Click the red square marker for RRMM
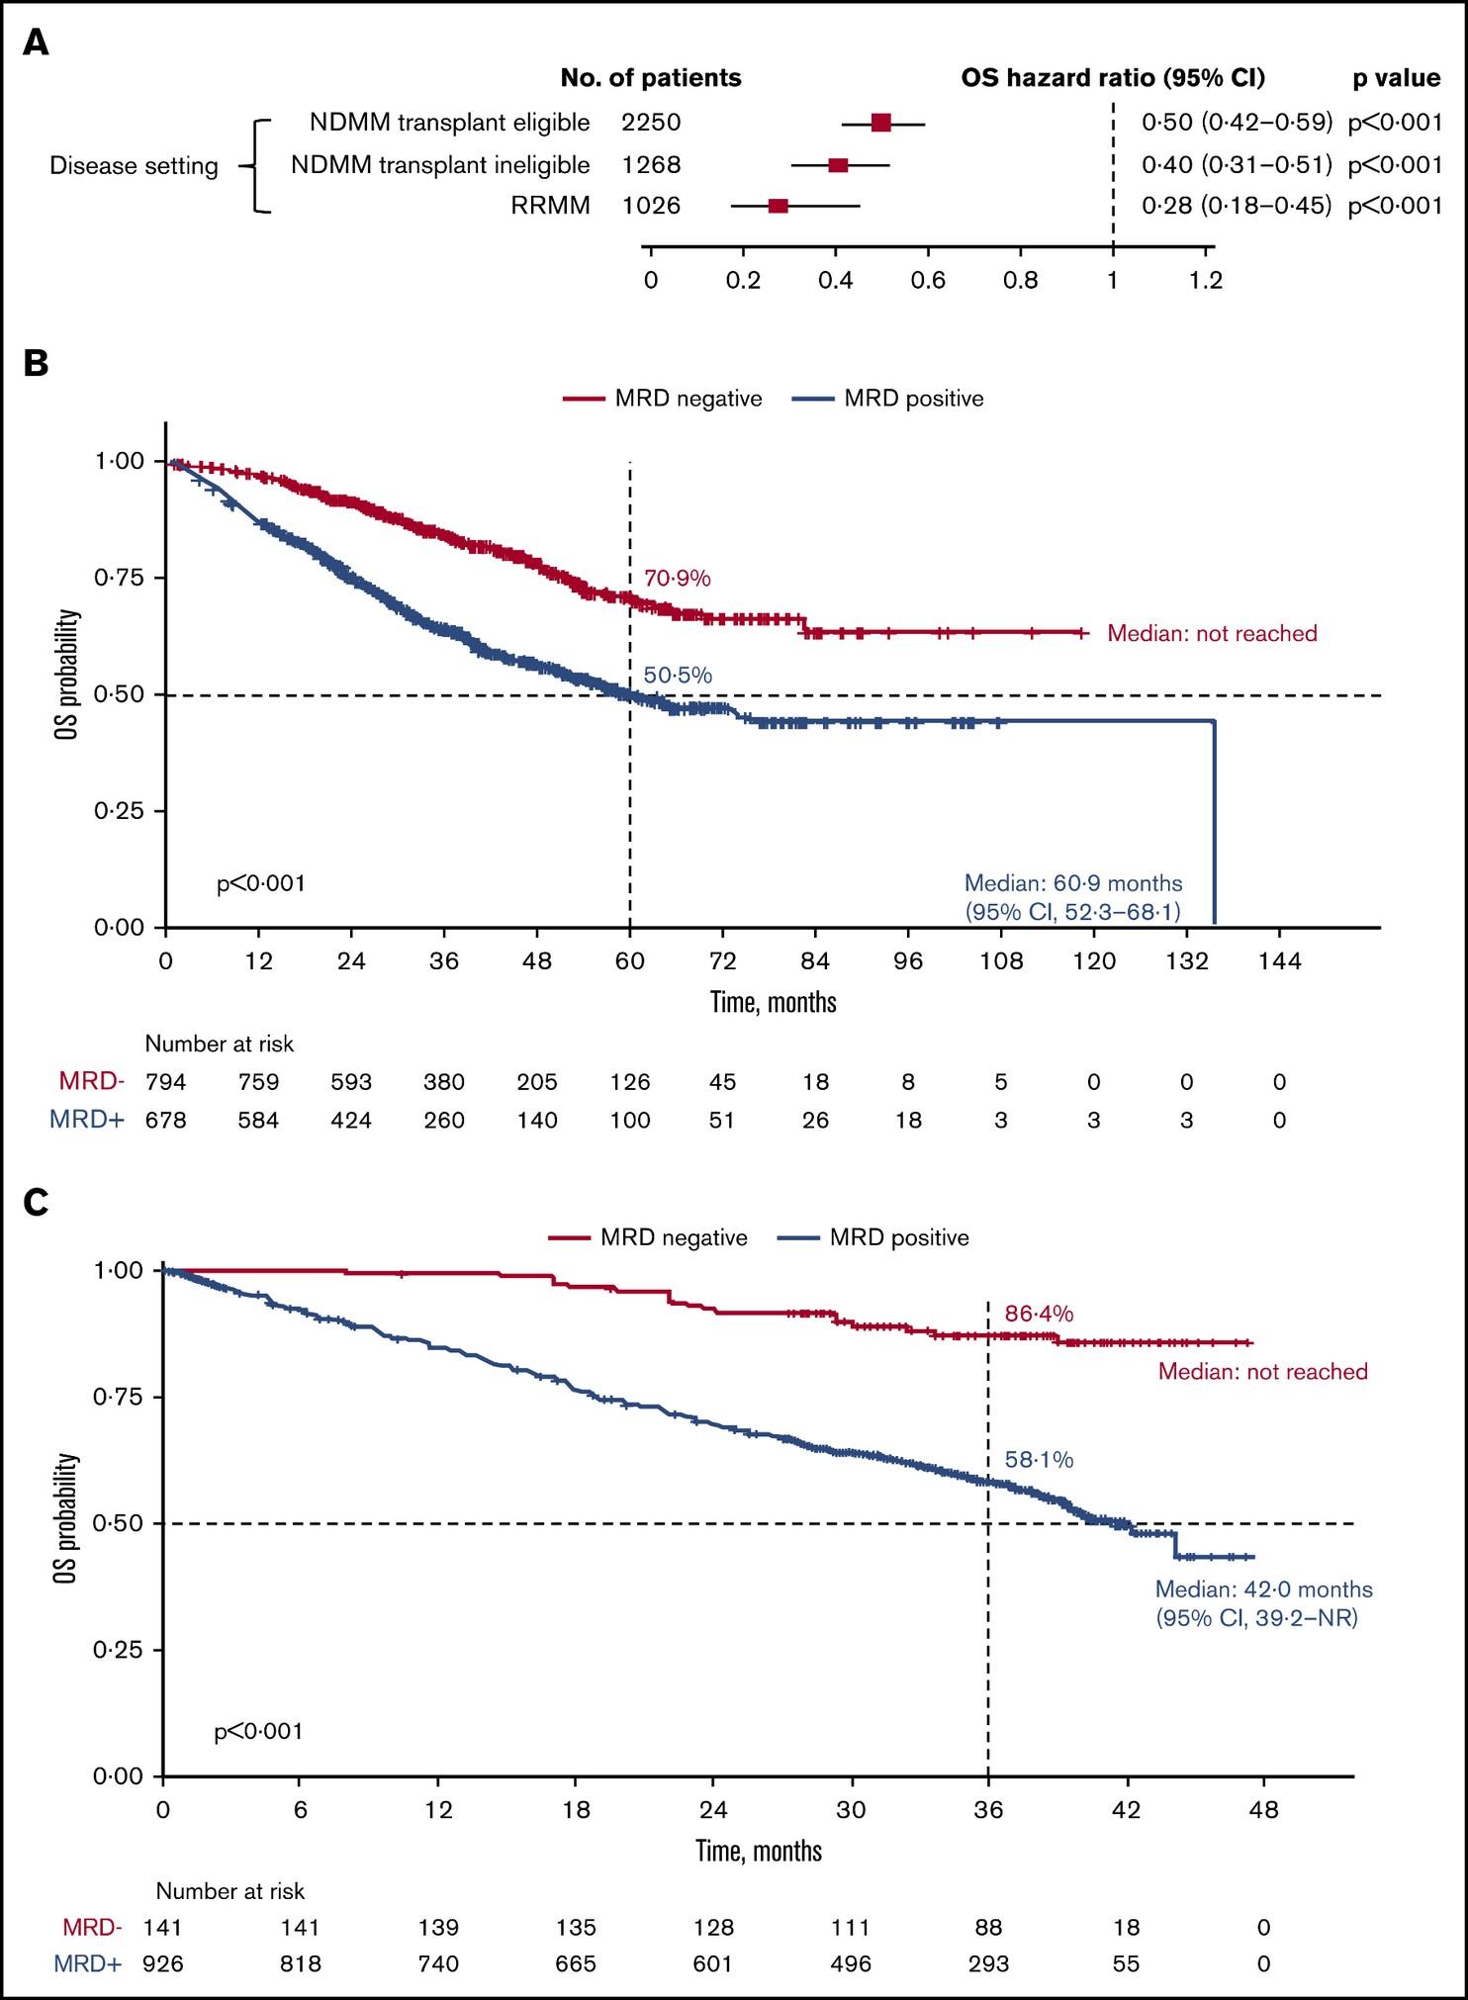[779, 206]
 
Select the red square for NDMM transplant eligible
[881, 123]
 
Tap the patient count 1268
[651, 165]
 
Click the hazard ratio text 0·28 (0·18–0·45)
[1237, 206]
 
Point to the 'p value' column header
[1396, 78]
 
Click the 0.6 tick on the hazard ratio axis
[928, 281]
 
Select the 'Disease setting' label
[134, 165]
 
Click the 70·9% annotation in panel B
[678, 579]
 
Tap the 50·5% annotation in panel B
[678, 676]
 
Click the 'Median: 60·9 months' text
[1073, 883]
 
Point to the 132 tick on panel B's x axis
[1187, 961]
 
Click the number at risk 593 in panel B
[351, 1082]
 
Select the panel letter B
[36, 363]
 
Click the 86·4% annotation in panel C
[1039, 1314]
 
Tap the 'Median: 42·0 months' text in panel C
[1263, 1590]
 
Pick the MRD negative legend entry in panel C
[648, 1237]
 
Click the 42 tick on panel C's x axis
[1126, 1810]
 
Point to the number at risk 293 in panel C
[988, 1963]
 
